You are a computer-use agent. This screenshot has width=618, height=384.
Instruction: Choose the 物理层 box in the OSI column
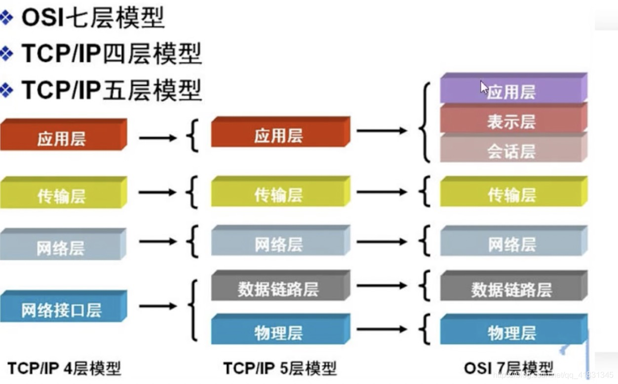coord(513,332)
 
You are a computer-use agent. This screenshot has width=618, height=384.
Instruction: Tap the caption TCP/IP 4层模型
coord(64,368)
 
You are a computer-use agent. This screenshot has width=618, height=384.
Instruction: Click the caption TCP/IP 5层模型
coord(280,368)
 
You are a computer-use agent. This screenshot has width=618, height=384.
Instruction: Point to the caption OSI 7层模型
coord(508,368)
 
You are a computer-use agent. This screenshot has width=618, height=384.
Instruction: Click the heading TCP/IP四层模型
coord(112,54)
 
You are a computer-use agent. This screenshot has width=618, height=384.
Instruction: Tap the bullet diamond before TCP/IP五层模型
coord(7,90)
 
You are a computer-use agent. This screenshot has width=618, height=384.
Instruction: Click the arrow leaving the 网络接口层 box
coord(157,306)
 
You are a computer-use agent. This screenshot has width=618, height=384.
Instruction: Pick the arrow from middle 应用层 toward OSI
coord(382,131)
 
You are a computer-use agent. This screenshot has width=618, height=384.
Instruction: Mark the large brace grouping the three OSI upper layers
coord(424,122)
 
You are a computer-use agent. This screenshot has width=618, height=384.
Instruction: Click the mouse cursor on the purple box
coord(484,87)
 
